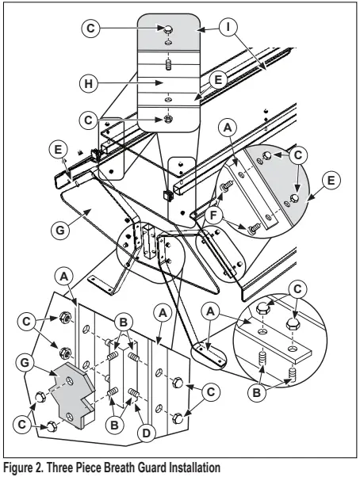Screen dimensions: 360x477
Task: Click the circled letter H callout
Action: (x=89, y=83)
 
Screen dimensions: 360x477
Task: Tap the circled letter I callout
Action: (x=228, y=28)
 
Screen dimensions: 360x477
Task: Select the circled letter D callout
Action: (x=147, y=433)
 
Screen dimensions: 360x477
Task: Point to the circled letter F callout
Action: (x=215, y=216)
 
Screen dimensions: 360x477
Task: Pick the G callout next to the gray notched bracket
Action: (x=25, y=363)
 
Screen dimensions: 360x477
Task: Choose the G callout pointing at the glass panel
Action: (x=60, y=230)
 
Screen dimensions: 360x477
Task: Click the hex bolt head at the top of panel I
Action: (x=167, y=29)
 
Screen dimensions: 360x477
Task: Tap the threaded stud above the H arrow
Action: (x=167, y=64)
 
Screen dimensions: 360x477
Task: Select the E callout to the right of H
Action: (x=218, y=80)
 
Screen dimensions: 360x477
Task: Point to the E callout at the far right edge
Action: (x=331, y=180)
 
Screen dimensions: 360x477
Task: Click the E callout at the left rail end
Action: (x=58, y=150)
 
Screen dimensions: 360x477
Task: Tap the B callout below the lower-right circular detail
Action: (x=257, y=392)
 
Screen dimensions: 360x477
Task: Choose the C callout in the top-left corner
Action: (x=90, y=28)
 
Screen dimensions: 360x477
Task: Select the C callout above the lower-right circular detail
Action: (x=297, y=288)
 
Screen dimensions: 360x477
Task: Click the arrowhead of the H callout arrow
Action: (x=161, y=82)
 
